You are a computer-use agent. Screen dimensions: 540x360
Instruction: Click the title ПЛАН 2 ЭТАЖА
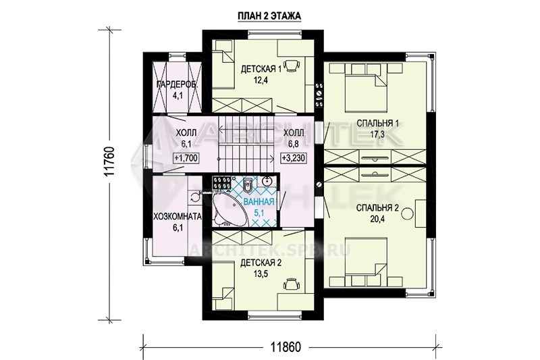click(x=269, y=16)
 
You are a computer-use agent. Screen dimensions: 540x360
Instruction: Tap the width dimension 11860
click(x=285, y=346)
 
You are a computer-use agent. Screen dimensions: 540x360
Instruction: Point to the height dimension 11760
click(x=110, y=162)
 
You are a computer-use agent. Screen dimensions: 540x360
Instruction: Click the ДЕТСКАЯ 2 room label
click(x=261, y=263)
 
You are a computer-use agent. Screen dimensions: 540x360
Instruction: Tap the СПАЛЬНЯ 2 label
click(x=377, y=208)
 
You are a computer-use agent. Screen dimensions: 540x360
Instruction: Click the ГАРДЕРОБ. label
click(x=177, y=84)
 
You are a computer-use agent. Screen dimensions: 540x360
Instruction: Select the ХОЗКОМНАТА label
click(x=178, y=217)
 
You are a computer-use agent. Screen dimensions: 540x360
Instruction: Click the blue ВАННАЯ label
click(x=259, y=202)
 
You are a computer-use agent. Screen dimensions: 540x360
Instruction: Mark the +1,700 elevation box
click(x=186, y=158)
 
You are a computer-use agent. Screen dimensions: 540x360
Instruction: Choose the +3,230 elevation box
click(x=294, y=158)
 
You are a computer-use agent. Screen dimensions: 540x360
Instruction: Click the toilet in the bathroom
click(x=247, y=185)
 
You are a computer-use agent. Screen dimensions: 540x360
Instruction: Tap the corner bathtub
click(x=227, y=210)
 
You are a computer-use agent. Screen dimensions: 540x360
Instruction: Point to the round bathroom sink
click(x=267, y=180)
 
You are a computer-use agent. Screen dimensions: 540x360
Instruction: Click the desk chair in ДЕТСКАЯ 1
click(x=293, y=63)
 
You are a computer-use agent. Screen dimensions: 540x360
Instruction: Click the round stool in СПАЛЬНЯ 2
click(x=408, y=213)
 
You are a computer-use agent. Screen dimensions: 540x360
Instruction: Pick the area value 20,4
click(x=377, y=219)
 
